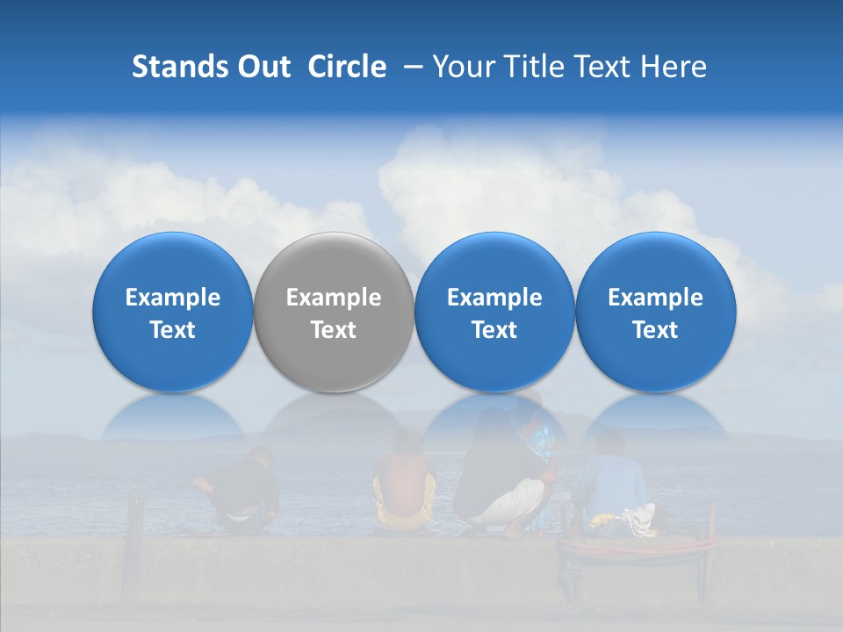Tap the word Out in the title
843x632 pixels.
pos(263,67)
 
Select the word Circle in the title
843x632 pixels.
pos(347,67)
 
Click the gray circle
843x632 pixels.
pos(334,312)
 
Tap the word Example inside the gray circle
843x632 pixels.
pos(334,298)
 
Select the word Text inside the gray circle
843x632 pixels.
pos(334,330)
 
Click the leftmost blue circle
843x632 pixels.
pos(173,312)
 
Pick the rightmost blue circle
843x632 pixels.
pos(656,312)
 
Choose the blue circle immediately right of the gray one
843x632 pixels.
pos(494,312)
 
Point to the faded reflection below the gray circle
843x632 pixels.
pos(334,416)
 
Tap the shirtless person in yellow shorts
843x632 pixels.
pos(404,487)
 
